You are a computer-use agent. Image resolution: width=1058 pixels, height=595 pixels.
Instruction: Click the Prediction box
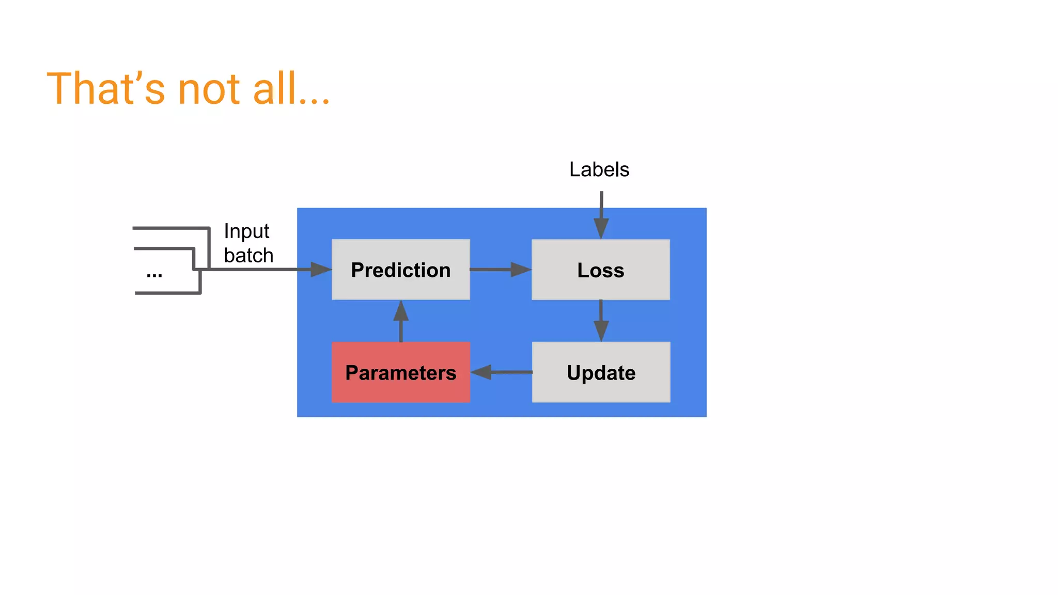pos(400,270)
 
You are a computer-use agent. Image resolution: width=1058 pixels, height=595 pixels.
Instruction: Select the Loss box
pos(600,270)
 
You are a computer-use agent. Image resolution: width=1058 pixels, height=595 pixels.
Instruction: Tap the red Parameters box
pos(400,372)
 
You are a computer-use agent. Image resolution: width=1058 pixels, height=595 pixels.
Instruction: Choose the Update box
pos(601,372)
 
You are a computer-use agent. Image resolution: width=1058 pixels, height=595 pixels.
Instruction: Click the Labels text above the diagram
pos(599,169)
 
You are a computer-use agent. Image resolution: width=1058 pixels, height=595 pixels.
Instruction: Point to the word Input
pos(246,231)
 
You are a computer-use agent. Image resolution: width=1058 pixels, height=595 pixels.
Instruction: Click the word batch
pos(248,256)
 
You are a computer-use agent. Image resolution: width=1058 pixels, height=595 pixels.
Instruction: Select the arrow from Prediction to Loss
pos(500,269)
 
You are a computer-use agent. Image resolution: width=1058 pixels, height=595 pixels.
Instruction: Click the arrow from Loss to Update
pos(601,320)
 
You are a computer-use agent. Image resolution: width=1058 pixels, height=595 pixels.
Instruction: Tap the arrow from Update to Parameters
pos(501,372)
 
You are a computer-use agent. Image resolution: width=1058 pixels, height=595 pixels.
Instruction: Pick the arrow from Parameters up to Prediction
pos(401,321)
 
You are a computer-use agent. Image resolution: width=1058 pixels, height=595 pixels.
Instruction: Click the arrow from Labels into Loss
pos(601,214)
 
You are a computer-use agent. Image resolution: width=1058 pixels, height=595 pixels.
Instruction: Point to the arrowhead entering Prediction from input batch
pos(320,269)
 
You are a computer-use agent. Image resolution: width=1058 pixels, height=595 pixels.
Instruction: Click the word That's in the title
pos(106,89)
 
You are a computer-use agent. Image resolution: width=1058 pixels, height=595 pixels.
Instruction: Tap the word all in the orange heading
pos(274,89)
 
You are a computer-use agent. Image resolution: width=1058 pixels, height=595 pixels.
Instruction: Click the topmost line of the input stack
pos(170,228)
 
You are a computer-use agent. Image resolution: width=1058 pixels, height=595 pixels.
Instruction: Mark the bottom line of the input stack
pos(168,293)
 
